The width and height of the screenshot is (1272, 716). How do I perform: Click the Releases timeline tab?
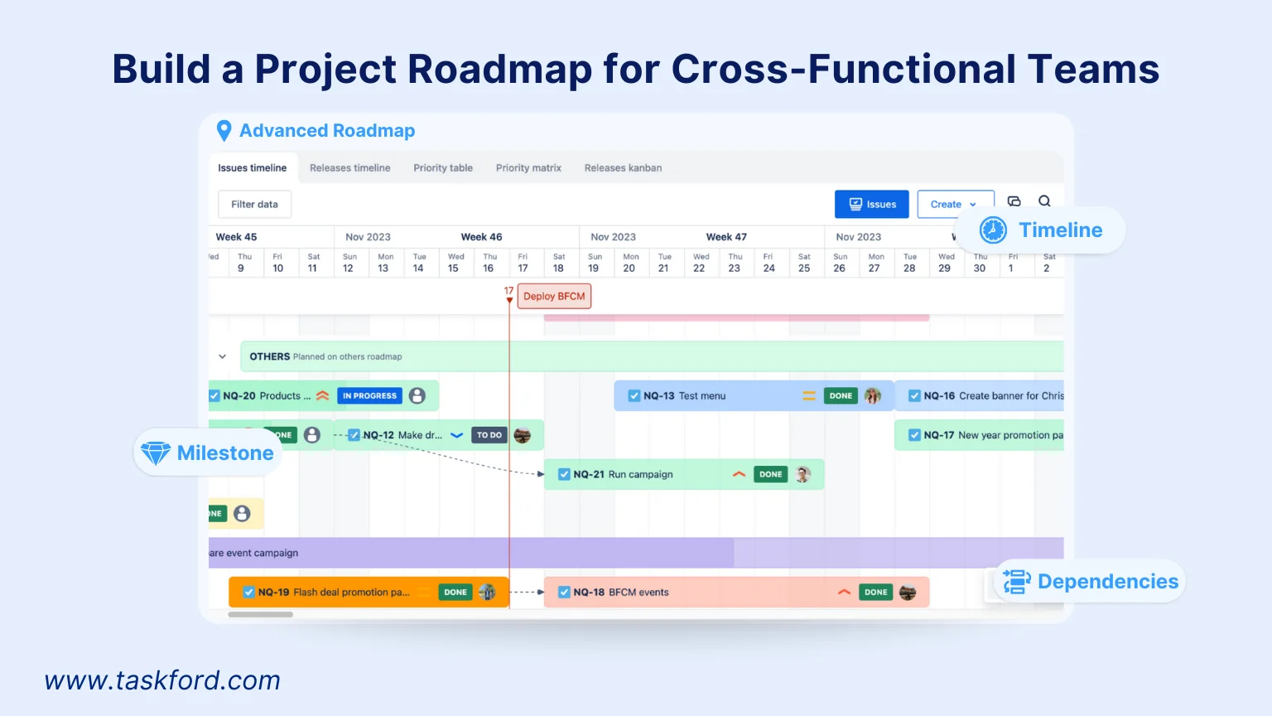(x=349, y=167)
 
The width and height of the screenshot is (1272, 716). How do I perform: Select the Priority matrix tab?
(x=528, y=167)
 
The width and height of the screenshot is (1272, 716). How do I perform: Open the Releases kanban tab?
(x=623, y=167)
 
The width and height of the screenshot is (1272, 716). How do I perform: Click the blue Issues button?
(x=871, y=204)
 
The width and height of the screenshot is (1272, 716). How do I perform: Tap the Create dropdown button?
(x=954, y=204)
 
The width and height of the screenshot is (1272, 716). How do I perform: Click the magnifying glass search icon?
(x=1044, y=201)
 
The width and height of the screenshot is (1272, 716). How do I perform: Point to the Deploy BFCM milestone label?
(x=554, y=296)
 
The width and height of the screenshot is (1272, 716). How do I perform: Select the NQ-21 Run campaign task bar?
(x=646, y=474)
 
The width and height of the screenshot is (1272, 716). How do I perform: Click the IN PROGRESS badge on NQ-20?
(x=369, y=395)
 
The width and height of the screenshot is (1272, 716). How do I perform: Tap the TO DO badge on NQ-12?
(x=489, y=435)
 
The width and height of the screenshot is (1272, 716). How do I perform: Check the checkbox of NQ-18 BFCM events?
(x=564, y=592)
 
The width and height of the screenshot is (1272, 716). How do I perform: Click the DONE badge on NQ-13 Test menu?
(x=841, y=395)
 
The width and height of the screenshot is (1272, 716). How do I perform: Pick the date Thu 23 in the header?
(x=735, y=263)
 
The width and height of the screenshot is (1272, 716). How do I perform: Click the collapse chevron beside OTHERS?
(x=222, y=356)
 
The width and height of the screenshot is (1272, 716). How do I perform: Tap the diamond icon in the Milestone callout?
(x=156, y=452)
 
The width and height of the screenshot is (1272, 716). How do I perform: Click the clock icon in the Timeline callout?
(x=993, y=230)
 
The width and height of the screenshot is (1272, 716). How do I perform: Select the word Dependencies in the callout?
(x=1107, y=581)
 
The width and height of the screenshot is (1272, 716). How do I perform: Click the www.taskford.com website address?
(x=162, y=680)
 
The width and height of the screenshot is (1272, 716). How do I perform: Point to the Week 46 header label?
(x=481, y=236)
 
